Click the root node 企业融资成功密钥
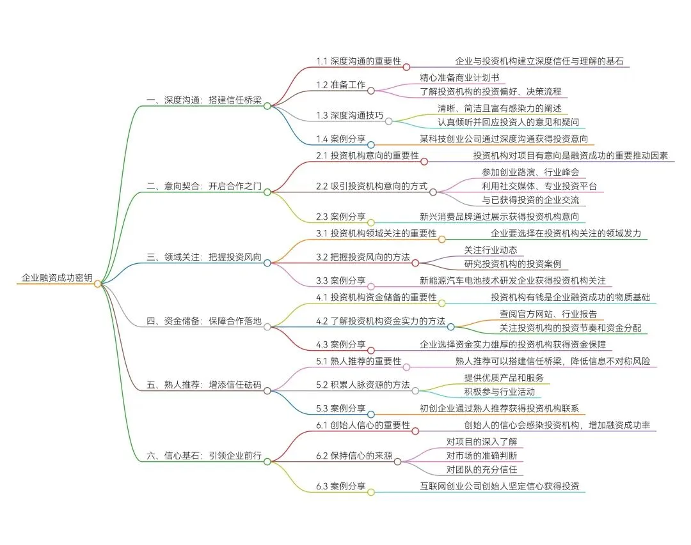click(56, 278)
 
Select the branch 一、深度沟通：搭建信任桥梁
click(204, 100)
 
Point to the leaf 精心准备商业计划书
click(459, 78)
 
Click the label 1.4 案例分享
click(341, 139)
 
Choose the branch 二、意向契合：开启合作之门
click(204, 186)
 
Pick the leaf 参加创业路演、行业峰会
click(530, 172)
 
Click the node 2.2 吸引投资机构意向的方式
click(371, 186)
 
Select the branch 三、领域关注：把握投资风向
click(204, 257)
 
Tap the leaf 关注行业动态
click(490, 250)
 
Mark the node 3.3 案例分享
click(341, 280)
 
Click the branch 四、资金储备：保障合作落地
click(204, 321)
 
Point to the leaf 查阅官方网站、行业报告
click(548, 314)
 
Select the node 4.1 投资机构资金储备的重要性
click(376, 298)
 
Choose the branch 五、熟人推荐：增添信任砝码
click(204, 385)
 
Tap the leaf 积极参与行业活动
click(499, 392)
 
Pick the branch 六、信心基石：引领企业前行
click(204, 456)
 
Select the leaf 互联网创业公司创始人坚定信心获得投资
click(499, 486)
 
